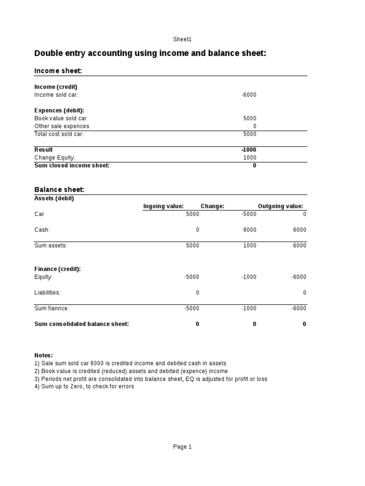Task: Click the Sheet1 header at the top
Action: coord(182,39)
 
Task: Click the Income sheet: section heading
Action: coord(58,71)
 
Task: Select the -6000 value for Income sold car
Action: coord(249,95)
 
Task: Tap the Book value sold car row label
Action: coord(60,119)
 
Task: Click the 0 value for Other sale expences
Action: coord(254,126)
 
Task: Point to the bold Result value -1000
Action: coord(249,150)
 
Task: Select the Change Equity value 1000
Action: coord(250,158)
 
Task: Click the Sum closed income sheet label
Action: coord(72,166)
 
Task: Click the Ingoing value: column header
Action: coord(163,206)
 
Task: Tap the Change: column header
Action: coord(212,206)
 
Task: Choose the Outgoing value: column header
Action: coord(280,206)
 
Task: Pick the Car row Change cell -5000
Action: coord(249,214)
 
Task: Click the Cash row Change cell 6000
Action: coord(250,230)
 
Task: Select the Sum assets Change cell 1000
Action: coord(250,245)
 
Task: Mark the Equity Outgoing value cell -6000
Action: coord(298,277)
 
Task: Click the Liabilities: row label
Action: coord(48,293)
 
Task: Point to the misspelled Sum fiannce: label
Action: coord(52,308)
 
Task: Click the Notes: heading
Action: coord(44,355)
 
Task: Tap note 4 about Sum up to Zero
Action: coord(84,387)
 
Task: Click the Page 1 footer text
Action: coord(182,447)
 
